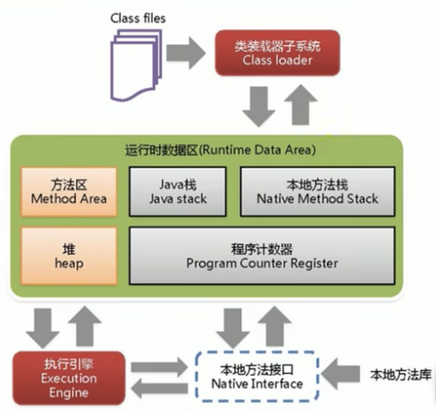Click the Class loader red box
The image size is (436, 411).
point(278,52)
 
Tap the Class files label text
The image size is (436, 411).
point(138,18)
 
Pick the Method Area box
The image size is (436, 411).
point(69,191)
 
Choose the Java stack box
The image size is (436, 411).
point(178,191)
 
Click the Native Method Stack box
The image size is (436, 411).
point(317,191)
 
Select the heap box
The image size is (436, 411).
point(69,255)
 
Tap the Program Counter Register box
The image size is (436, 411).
point(262,255)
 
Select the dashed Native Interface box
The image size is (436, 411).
point(257,376)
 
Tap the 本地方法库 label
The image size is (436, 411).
point(401,375)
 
